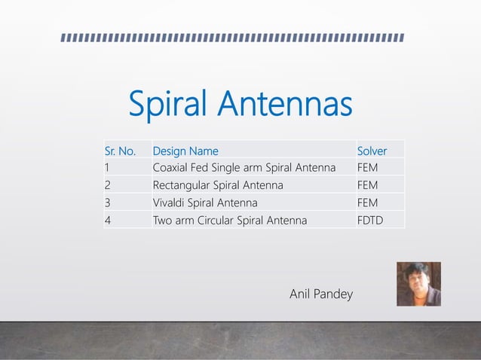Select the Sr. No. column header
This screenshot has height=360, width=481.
121,150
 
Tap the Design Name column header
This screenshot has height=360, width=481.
185,150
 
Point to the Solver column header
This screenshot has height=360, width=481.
372,150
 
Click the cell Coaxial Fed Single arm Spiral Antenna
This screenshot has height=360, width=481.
244,167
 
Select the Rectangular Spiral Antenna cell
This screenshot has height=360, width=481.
218,185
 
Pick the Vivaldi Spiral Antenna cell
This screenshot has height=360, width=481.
205,203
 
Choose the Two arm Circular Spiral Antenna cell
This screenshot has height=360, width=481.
230,221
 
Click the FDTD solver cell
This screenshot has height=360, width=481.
369,221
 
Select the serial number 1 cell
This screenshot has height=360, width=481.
108,167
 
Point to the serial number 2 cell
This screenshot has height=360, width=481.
108,185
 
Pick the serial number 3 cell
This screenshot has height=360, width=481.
108,203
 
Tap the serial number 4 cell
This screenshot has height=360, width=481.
108,221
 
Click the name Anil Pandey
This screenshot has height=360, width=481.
321,294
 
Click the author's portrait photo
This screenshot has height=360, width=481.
418,284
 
